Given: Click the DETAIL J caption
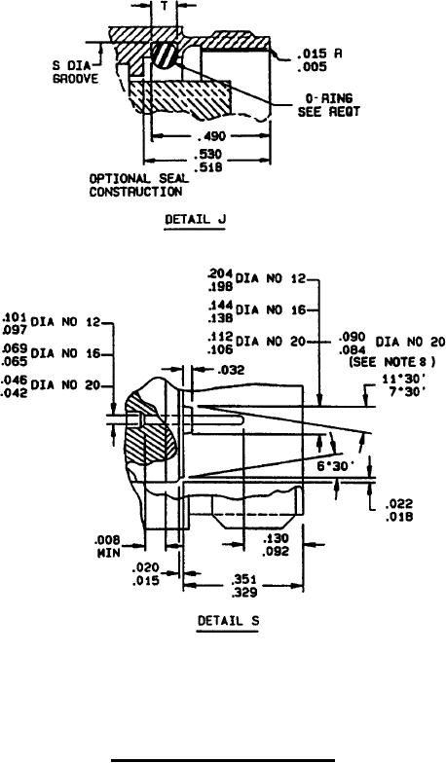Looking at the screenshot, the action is click(195, 219).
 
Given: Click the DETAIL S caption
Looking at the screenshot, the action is click(228, 621).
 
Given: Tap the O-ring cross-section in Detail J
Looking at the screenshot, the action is click(163, 54).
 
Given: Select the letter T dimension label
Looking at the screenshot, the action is click(164, 6).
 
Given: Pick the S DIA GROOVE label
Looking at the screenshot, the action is click(75, 72).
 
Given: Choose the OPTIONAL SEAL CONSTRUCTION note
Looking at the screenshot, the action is click(138, 185).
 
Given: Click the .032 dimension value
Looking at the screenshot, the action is click(232, 370).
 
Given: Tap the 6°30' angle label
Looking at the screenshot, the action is click(335, 466).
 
